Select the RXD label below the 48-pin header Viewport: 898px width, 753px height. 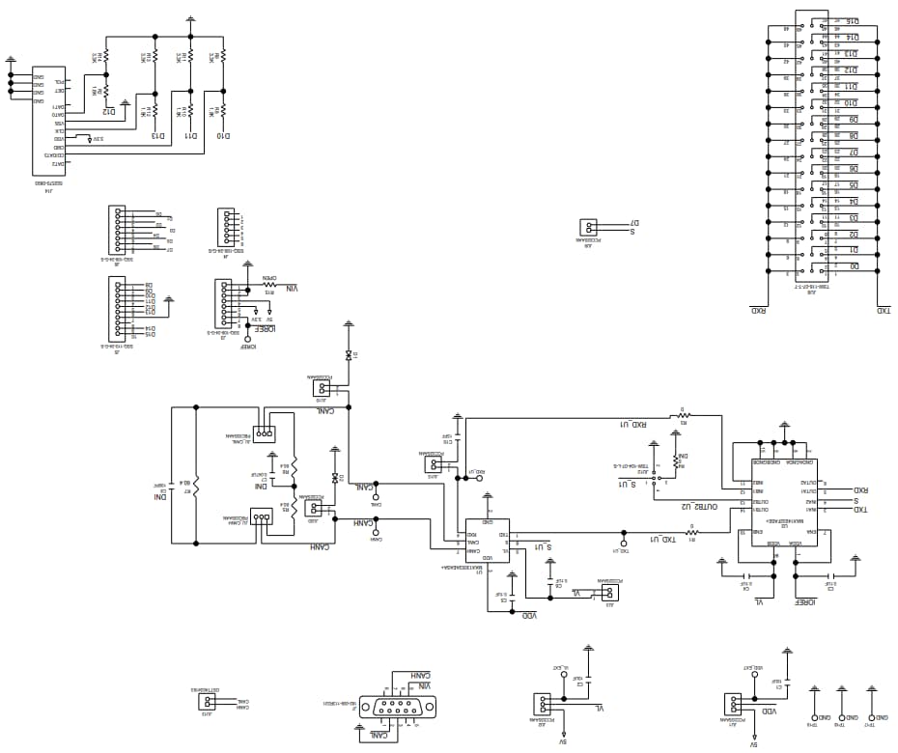click(x=758, y=311)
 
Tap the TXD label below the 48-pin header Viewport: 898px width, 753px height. click(x=883, y=311)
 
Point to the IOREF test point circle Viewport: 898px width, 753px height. click(x=248, y=339)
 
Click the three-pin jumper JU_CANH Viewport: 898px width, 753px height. click(x=261, y=517)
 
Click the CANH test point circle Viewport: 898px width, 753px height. click(x=376, y=530)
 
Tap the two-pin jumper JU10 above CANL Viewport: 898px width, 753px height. click(x=322, y=389)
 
